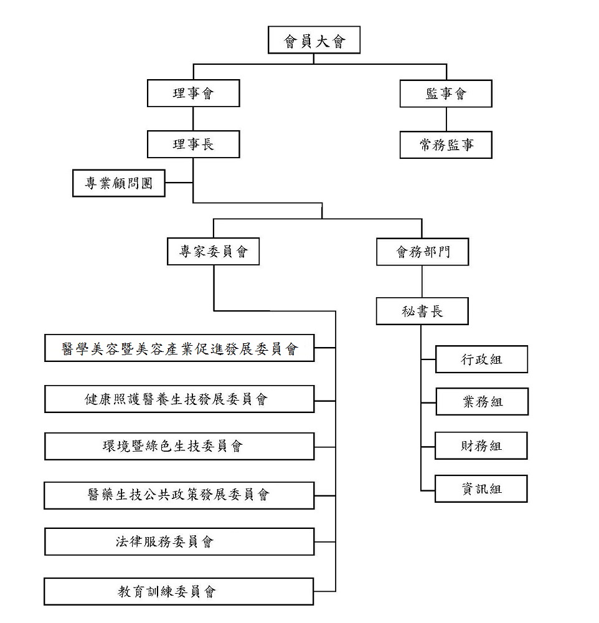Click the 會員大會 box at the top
(314, 40)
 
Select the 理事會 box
(194, 93)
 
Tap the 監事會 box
(446, 93)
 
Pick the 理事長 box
(194, 144)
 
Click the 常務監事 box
(446, 145)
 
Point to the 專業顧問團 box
(119, 183)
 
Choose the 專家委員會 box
(214, 251)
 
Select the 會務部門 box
(423, 252)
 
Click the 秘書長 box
(422, 311)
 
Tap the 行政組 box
(481, 359)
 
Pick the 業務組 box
(482, 402)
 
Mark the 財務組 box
(481, 446)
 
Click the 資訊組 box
(481, 488)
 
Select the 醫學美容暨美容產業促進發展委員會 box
(179, 348)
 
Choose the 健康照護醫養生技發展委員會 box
(179, 399)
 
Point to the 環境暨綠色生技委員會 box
(179, 446)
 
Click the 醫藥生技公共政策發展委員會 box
(179, 495)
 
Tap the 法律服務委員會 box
(179, 541)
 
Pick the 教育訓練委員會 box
(179, 592)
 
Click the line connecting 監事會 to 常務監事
(446, 119)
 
